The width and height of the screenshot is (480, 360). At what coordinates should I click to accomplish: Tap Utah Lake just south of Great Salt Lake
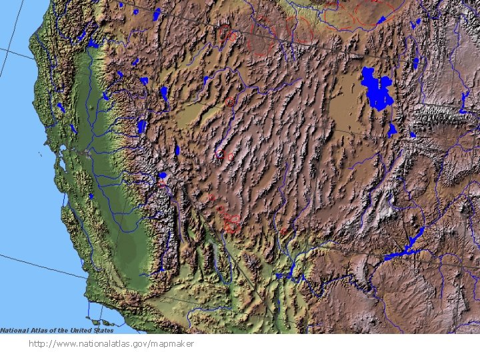click(392, 130)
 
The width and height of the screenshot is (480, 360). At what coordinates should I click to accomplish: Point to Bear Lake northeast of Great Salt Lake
click(415, 63)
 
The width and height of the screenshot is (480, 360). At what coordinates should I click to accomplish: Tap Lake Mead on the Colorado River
click(287, 273)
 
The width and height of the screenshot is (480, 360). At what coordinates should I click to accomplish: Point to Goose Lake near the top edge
click(157, 13)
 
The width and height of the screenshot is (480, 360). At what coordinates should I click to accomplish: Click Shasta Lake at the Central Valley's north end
click(93, 44)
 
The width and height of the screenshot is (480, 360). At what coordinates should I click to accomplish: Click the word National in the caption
click(14, 330)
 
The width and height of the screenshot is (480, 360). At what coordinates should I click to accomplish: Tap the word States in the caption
click(103, 330)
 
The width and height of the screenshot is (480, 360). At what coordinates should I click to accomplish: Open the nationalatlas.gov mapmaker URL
click(111, 343)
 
